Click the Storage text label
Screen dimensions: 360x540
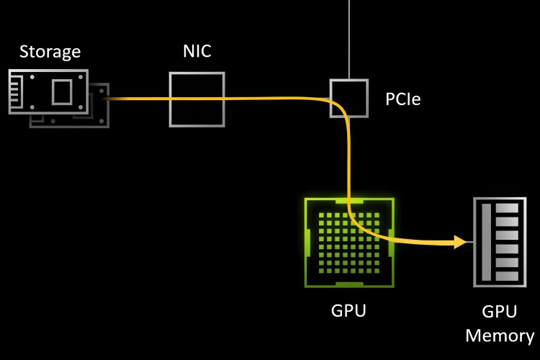[50, 52]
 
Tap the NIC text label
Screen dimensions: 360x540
[197, 52]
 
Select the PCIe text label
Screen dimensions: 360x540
[403, 99]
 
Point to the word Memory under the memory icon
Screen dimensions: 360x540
[500, 335]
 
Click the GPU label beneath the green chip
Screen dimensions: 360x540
[348, 311]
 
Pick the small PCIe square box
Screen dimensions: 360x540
[348, 97]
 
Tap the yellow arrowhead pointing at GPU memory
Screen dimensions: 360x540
[461, 243]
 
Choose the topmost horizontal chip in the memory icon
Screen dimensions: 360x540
[507, 209]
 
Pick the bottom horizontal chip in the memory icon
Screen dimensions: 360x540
[507, 275]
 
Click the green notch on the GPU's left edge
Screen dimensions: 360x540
[308, 243]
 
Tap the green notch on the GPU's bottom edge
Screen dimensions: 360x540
[349, 284]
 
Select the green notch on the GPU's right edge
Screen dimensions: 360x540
[390, 243]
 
